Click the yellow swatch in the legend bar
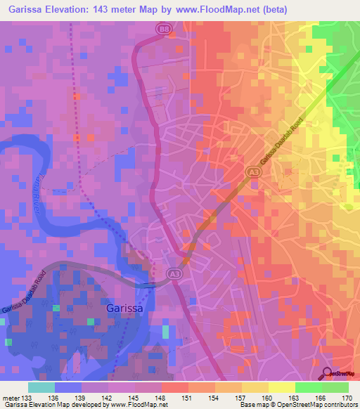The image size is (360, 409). [282, 387]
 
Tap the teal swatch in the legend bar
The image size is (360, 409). [41, 387]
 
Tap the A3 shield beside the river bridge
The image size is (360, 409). [173, 274]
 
